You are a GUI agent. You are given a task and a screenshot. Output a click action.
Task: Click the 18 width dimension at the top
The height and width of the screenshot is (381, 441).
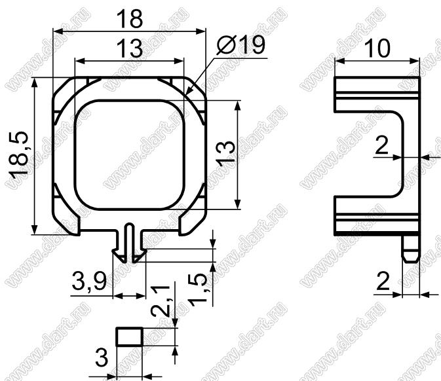click(129, 18)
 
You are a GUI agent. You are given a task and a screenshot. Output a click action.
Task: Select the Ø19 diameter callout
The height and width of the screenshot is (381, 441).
click(241, 45)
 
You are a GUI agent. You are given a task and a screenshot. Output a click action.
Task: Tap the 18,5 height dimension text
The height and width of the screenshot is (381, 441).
click(19, 154)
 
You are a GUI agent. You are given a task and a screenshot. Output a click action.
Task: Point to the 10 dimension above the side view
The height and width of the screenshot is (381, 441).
click(377, 48)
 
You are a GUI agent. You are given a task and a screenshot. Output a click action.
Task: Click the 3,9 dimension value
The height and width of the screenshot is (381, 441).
click(89, 281)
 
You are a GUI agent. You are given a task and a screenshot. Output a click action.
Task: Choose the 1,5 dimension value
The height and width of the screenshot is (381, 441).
click(198, 291)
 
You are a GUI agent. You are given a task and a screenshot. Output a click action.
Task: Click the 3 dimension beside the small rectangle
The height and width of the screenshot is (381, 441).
click(102, 357)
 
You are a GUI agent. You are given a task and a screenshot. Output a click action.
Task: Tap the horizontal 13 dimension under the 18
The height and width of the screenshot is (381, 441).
click(129, 48)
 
